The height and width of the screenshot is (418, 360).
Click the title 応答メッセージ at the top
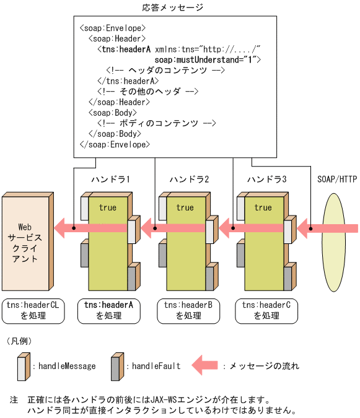[x=172, y=8]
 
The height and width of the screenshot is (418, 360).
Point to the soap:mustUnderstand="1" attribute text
[x=208, y=59]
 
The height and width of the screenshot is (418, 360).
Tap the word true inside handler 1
[x=107, y=207]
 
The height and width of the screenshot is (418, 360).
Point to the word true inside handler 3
[x=263, y=207]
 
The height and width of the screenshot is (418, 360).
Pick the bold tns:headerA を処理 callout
[x=108, y=310]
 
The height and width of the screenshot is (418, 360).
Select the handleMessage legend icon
[x=23, y=365]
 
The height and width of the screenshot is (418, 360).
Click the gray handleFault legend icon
[x=116, y=365]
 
